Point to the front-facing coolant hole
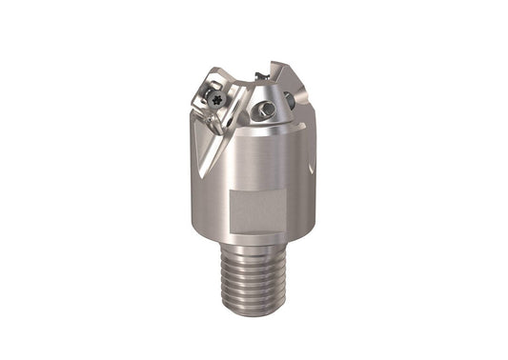pos(270,112)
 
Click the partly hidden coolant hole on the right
pos(289,98)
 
